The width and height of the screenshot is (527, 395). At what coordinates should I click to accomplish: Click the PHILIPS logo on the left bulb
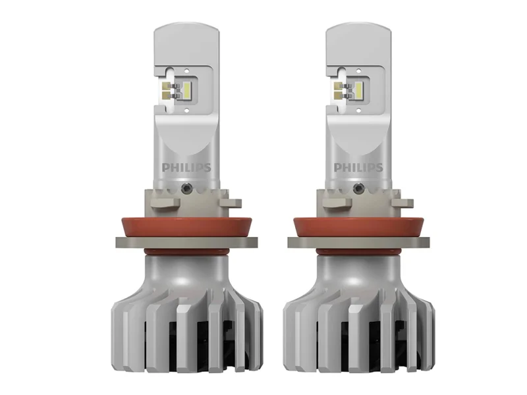[x=186, y=167]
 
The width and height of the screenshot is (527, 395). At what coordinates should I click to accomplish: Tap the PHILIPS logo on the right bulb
[x=358, y=167]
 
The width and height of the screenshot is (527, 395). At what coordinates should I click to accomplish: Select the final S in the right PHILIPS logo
[x=378, y=167]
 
